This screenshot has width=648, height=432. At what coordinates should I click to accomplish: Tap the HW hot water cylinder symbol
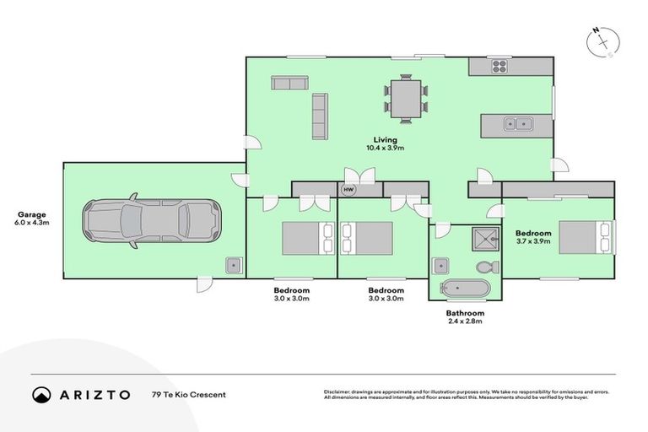coord(348,190)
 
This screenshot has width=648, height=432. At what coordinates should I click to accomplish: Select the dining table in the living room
coord(407,97)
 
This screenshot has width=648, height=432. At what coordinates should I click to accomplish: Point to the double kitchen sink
coord(517,125)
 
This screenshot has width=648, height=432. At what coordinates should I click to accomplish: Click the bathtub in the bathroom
coord(464,289)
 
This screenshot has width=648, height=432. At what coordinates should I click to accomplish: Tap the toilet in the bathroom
coord(486,267)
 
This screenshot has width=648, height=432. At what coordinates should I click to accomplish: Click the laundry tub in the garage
coord(234,266)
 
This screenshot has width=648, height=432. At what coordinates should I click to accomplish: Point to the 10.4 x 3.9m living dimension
coord(386,148)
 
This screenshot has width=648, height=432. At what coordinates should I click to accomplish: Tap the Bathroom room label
coord(465,312)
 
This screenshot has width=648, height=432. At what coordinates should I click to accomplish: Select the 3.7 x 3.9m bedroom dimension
coord(533,242)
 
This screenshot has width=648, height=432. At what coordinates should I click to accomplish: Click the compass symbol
coord(604,42)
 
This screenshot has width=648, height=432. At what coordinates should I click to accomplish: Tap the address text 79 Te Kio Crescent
coord(188,394)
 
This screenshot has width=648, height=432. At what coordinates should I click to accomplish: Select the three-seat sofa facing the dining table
coord(320,116)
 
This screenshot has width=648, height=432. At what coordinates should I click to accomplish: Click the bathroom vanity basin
coord(440,266)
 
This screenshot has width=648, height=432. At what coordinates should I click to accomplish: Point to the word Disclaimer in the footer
coord(338,391)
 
